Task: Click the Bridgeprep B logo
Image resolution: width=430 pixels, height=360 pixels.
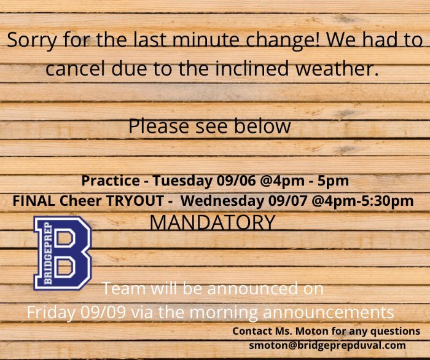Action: pyautogui.click(x=63, y=253)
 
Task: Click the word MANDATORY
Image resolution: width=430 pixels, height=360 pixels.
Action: pyautogui.click(x=213, y=222)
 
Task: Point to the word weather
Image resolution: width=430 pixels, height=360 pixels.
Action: pyautogui.click(x=337, y=68)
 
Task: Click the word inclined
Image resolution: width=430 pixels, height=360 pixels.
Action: pyautogui.click(x=252, y=68)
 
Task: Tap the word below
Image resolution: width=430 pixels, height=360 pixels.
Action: pyautogui.click(x=262, y=127)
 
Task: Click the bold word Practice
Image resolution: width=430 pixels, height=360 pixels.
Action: pyautogui.click(x=110, y=181)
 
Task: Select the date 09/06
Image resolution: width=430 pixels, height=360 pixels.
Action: pyautogui.click(x=236, y=181)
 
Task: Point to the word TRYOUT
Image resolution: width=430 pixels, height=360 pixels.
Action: pyautogui.click(x=135, y=201)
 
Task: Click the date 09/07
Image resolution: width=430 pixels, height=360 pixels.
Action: pyautogui.click(x=287, y=201)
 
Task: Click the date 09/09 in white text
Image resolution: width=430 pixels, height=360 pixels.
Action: pyautogui.click(x=103, y=311)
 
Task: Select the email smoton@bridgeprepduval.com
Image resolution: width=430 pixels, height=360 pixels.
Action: pyautogui.click(x=327, y=345)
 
